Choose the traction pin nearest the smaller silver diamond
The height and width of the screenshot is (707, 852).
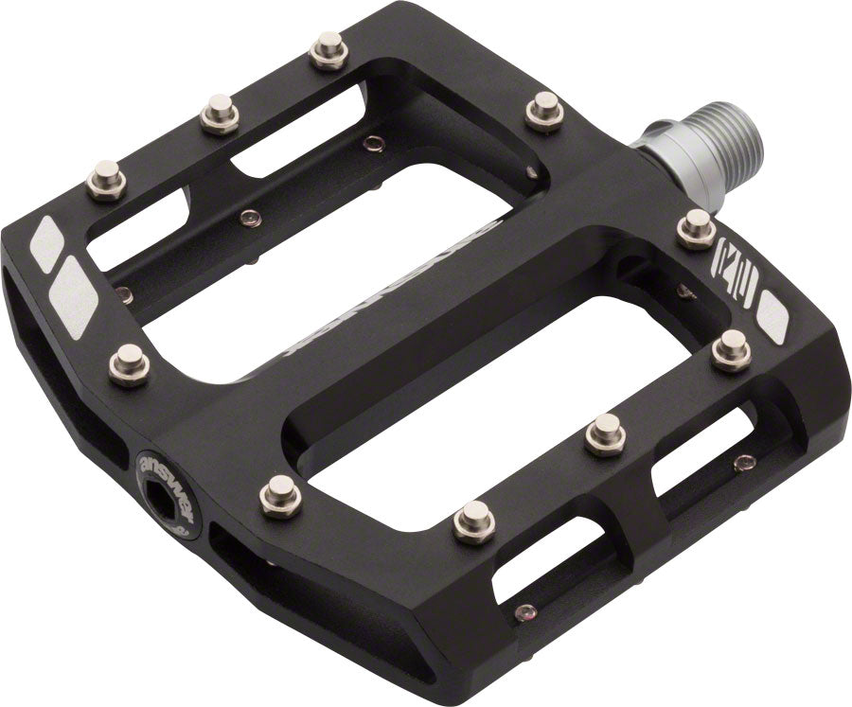coord(105,179)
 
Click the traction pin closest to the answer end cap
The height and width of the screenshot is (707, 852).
coord(281,495)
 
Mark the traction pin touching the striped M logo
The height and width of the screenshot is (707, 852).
coord(698,227)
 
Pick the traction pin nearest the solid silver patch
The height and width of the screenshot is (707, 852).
coord(731,349)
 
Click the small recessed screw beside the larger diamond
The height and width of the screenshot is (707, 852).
coord(124,295)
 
